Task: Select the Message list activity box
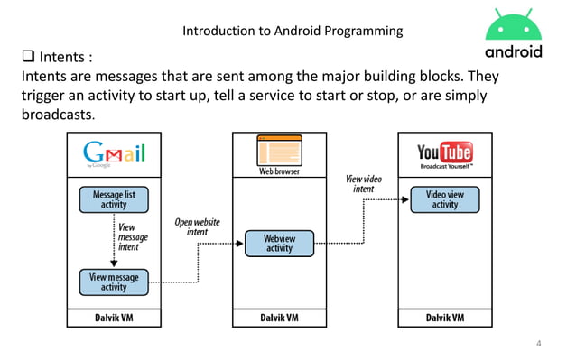(x=114, y=199)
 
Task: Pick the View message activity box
(x=114, y=282)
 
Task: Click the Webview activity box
(x=280, y=243)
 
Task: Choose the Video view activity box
(x=445, y=199)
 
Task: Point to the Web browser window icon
(x=280, y=149)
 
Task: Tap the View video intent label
(x=363, y=184)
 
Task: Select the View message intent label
(x=133, y=237)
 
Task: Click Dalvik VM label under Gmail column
(x=114, y=318)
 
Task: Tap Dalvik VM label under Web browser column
(x=280, y=318)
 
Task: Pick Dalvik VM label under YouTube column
(x=445, y=318)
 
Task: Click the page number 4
(x=539, y=343)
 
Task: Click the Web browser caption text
(x=280, y=171)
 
